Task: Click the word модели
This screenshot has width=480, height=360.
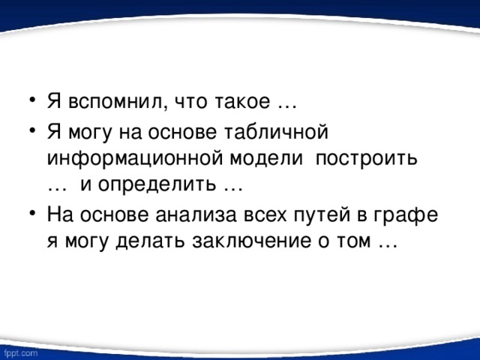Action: pos(268,159)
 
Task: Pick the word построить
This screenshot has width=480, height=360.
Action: pos(370,159)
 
